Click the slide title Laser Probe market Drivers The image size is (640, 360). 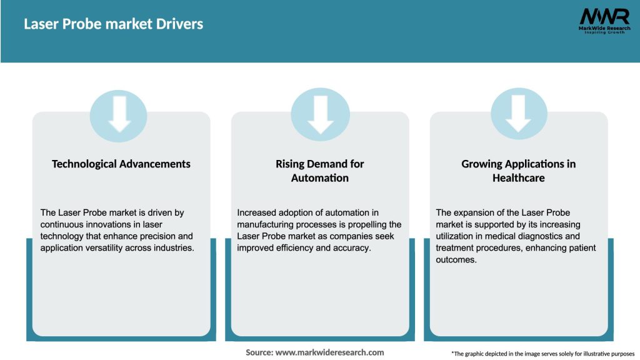113,24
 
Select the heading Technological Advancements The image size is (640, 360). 121,164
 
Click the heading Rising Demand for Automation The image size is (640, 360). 319,171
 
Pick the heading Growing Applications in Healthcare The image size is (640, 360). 518,171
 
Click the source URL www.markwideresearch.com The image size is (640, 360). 330,352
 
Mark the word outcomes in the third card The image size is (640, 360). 456,260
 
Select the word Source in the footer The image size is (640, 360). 258,352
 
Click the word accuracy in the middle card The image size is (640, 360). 354,248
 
